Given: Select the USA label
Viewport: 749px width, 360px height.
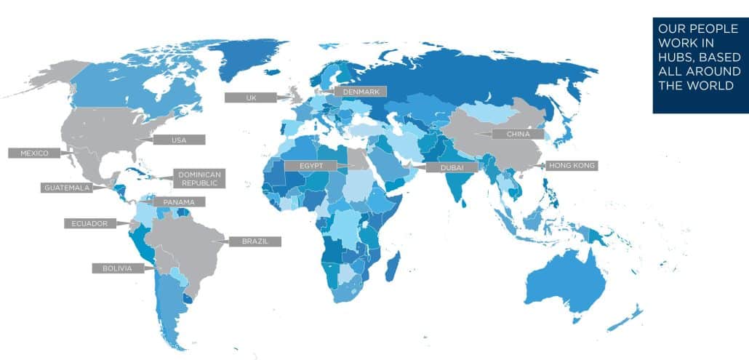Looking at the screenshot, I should [x=178, y=139].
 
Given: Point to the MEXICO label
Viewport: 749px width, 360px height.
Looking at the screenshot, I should [x=33, y=153].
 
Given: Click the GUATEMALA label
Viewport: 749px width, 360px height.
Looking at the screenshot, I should [x=68, y=187].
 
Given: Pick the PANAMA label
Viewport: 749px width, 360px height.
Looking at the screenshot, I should [x=179, y=201].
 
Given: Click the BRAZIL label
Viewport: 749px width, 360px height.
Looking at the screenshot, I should [x=255, y=241].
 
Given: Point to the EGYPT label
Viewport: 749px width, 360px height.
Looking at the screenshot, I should [x=311, y=166].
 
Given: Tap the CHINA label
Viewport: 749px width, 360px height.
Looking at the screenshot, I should [x=517, y=135].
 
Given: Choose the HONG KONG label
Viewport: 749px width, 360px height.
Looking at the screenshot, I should [x=572, y=166].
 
